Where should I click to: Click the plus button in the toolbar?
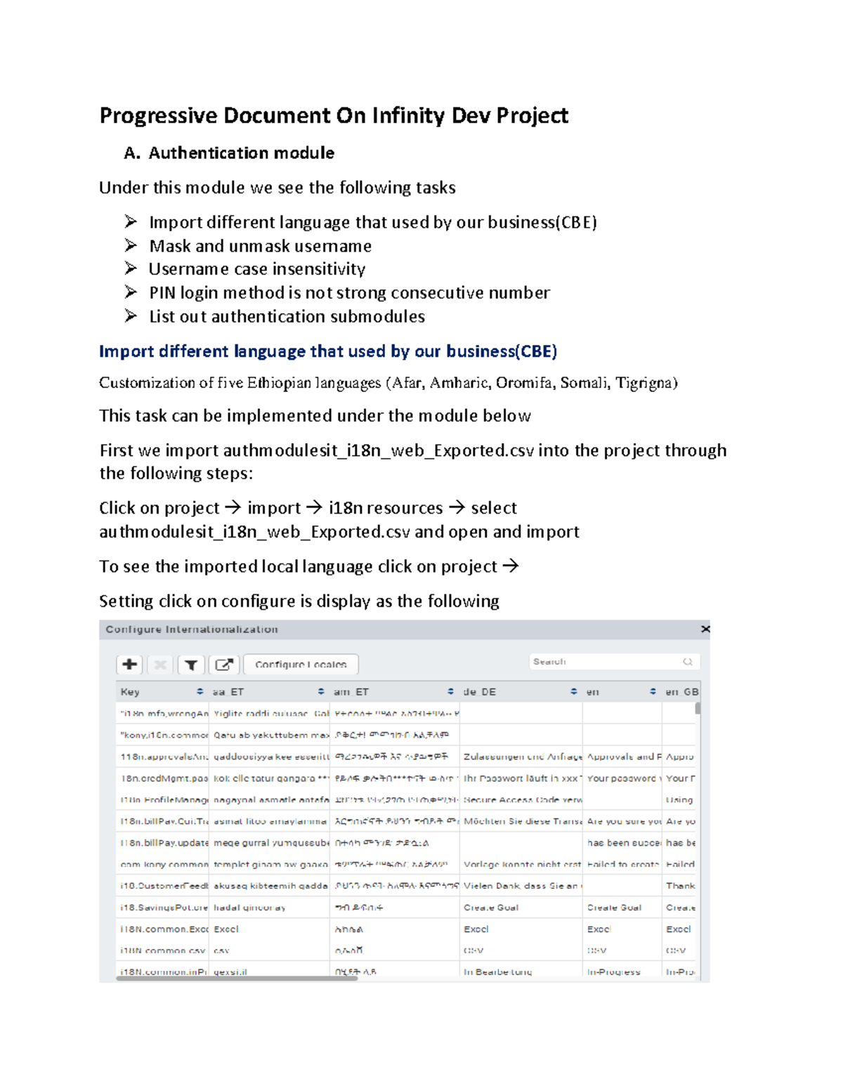129,664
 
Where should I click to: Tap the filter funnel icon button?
190,664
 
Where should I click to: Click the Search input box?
606,662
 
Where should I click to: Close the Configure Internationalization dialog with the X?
705,629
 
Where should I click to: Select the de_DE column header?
480,692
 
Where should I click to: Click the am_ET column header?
351,692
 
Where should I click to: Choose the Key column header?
131,692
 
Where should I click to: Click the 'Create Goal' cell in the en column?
614,908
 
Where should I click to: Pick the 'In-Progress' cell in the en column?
614,972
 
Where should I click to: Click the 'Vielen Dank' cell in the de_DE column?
520,886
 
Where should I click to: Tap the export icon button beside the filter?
224,664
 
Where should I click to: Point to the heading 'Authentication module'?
241,153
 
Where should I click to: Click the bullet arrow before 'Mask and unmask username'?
131,245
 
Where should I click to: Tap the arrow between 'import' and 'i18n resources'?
314,508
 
